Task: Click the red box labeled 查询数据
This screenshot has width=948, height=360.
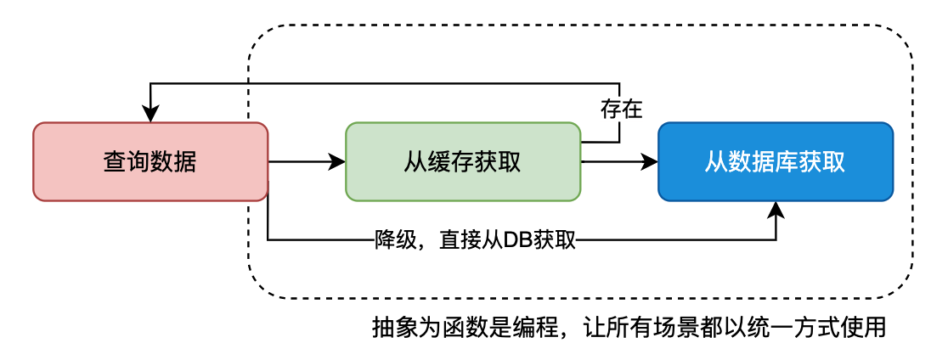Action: pyautogui.click(x=150, y=161)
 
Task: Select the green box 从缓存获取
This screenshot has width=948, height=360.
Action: pyautogui.click(x=463, y=161)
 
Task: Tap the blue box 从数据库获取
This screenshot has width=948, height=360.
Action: pyautogui.click(x=776, y=161)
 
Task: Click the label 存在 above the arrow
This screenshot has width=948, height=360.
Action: pyautogui.click(x=621, y=109)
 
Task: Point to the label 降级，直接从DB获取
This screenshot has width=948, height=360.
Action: pyautogui.click(x=476, y=240)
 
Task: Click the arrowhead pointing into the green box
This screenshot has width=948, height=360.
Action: pyautogui.click(x=339, y=161)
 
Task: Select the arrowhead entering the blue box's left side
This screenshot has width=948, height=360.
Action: pyautogui.click(x=652, y=161)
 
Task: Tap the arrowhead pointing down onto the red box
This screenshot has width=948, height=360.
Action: pyautogui.click(x=151, y=115)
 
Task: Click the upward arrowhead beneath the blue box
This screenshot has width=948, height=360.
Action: pyautogui.click(x=776, y=209)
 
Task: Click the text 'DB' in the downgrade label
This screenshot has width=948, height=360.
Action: pyautogui.click(x=518, y=240)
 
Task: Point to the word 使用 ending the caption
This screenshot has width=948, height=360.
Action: pyautogui.click(x=866, y=327)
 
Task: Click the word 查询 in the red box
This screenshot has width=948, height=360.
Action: pyautogui.click(x=127, y=161)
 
